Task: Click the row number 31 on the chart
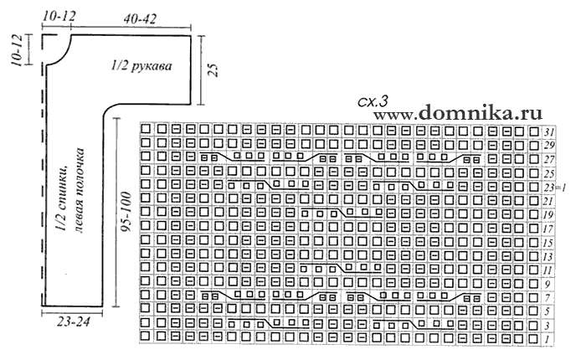coord(549,132)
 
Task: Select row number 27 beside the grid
coord(549,160)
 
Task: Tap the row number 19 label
coord(548,215)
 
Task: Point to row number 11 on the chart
coord(548,270)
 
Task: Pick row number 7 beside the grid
coord(547,298)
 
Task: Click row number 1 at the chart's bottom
coord(547,340)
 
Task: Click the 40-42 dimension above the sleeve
coord(140,18)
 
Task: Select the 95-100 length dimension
coord(126,212)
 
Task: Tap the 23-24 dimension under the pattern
coord(74,321)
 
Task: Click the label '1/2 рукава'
coord(141,66)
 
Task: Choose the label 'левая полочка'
coord(79,190)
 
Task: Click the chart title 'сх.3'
coord(373,101)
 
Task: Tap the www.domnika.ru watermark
coord(458,112)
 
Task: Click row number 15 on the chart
coord(548,243)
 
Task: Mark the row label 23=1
coord(554,188)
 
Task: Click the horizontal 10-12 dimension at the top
coord(59,16)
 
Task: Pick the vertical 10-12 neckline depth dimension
coord(18,50)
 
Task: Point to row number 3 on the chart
coord(547,326)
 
